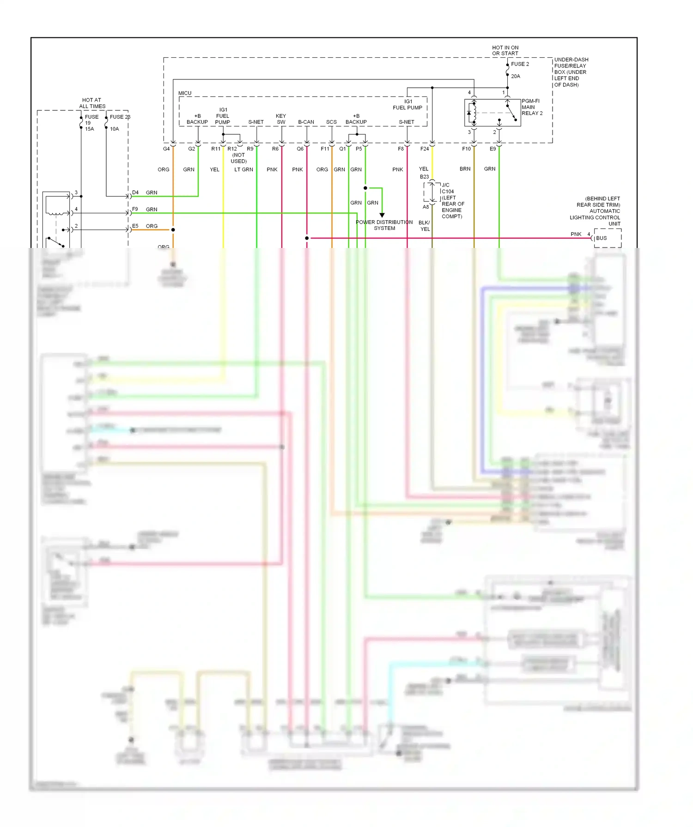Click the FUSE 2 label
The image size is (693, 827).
point(520,64)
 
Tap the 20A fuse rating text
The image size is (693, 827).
point(515,76)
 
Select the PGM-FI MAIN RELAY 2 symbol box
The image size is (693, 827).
point(492,113)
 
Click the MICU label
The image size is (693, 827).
point(185,93)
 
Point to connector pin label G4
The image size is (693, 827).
point(166,149)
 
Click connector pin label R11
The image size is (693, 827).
point(216,149)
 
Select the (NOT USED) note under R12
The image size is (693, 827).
point(238,158)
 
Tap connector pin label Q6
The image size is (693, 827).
point(300,149)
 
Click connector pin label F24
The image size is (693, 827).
point(424,149)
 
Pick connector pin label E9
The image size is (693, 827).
point(492,149)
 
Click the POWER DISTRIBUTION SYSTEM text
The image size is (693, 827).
point(384,225)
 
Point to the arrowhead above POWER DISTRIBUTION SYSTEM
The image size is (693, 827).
point(382,215)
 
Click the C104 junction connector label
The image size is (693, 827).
point(448,191)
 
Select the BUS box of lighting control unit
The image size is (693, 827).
point(607,238)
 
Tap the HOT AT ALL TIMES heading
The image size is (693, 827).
point(92,103)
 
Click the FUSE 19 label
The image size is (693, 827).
point(91,120)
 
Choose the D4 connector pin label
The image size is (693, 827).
point(135,193)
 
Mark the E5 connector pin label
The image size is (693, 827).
point(135,226)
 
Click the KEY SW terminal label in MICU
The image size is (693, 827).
point(281,119)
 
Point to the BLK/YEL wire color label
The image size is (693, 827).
point(425,226)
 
